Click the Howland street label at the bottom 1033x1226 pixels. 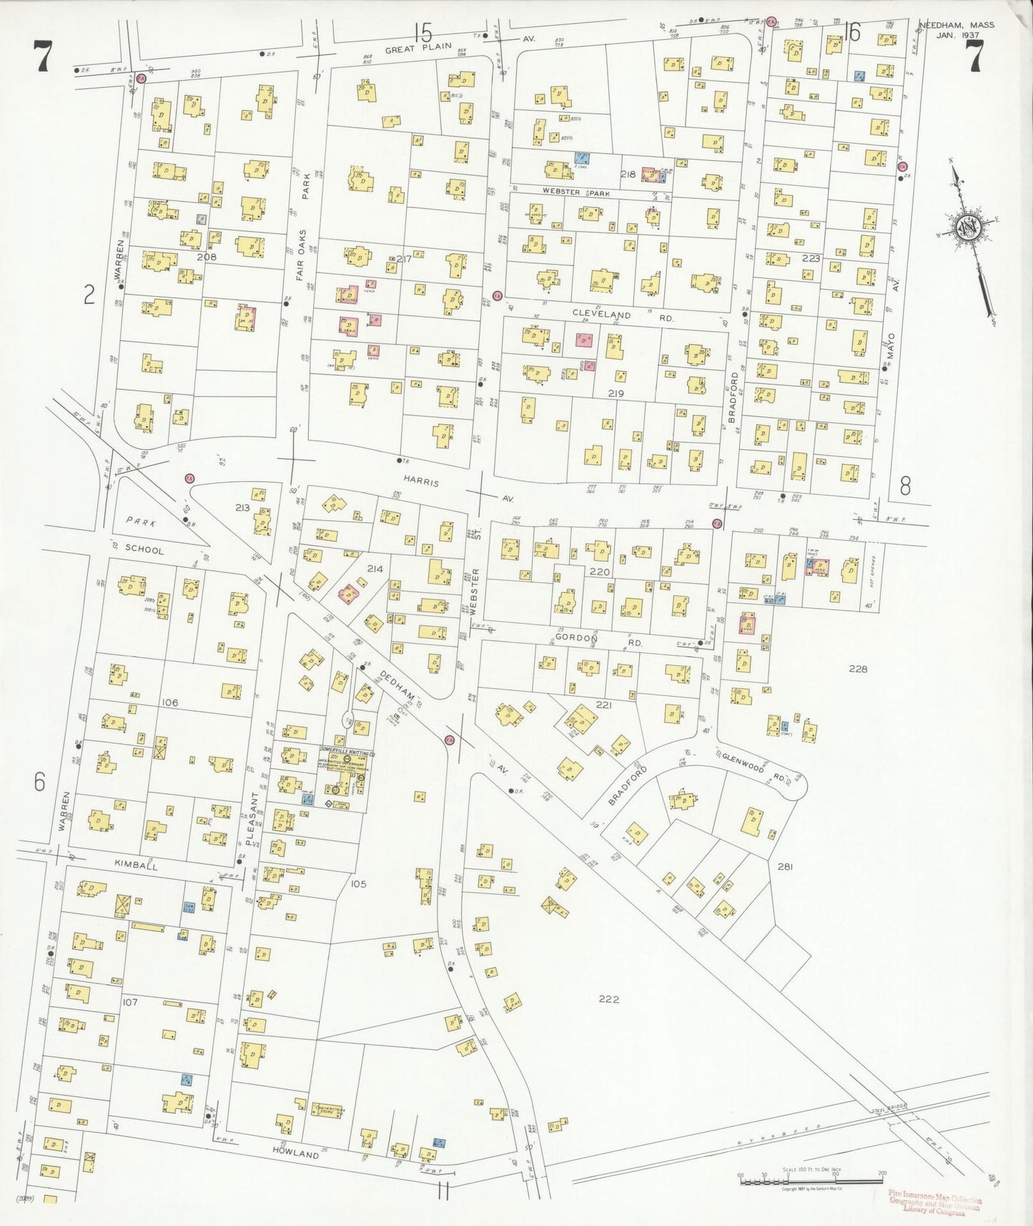click(295, 1155)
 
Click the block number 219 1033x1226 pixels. click(616, 393)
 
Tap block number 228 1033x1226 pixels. click(857, 669)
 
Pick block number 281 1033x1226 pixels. click(785, 866)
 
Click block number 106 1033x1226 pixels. click(169, 703)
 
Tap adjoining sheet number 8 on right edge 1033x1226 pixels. click(904, 487)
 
